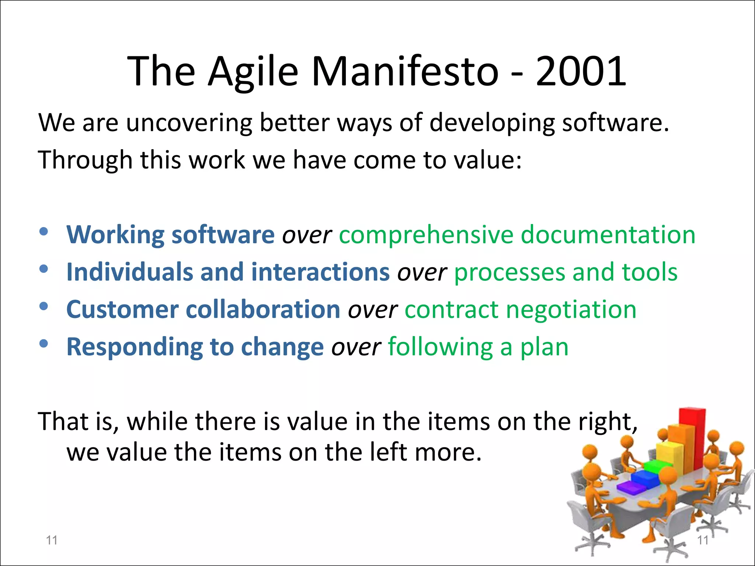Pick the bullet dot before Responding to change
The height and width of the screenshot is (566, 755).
44,344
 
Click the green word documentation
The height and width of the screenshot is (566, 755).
608,235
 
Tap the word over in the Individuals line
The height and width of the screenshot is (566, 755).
422,273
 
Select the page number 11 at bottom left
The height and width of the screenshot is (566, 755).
52,540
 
